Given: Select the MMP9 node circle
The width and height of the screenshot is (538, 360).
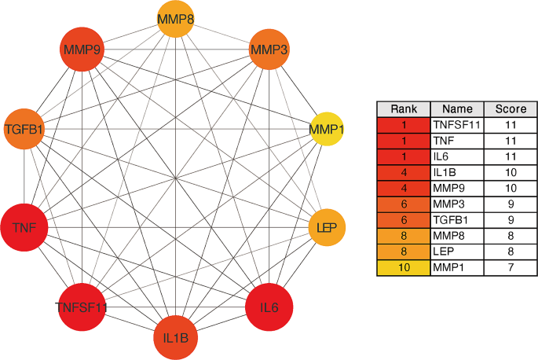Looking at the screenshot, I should [x=82, y=51].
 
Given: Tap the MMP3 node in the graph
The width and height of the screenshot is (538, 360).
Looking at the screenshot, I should [x=270, y=51].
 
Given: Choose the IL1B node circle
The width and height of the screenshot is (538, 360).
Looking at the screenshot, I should [x=176, y=337].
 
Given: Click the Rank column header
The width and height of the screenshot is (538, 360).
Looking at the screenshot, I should [x=403, y=109].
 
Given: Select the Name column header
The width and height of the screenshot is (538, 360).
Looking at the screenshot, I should [x=456, y=109].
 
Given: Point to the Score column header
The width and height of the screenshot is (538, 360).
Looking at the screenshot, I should [x=509, y=109].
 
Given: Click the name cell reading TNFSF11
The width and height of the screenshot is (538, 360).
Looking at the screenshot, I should [x=456, y=124].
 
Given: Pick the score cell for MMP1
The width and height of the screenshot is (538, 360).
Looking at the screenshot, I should [x=509, y=269].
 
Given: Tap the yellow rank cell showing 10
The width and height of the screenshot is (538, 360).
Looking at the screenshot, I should [x=403, y=269].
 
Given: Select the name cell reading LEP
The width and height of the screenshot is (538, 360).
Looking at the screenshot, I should [x=456, y=252].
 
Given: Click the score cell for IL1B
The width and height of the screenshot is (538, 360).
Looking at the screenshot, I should [x=509, y=172].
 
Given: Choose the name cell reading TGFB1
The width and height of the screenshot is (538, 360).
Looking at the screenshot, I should [x=456, y=220].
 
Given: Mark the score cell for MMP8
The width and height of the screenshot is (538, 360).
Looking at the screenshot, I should [x=509, y=237].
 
